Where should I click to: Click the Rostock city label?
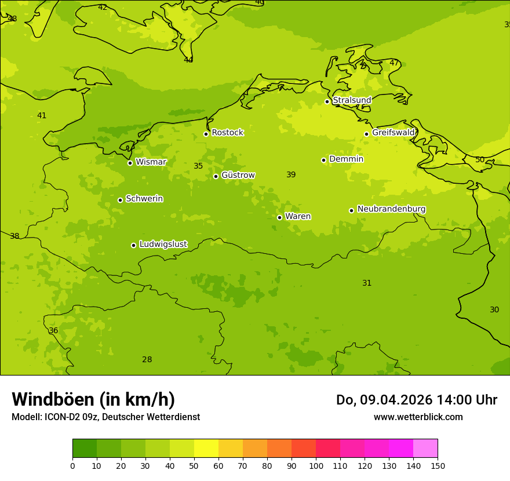point(227,133)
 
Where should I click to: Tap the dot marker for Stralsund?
point(327,101)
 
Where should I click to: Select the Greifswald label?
point(393,133)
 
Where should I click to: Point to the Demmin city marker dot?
point(323,160)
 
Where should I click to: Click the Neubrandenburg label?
point(391,209)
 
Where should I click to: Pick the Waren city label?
point(298,217)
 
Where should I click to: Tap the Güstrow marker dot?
point(216,176)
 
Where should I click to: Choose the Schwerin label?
point(144,199)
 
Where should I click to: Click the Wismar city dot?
point(130,163)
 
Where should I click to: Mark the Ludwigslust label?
point(163,245)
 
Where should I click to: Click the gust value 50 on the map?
point(480,160)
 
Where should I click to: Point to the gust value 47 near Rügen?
point(394,63)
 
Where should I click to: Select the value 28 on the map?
point(147,360)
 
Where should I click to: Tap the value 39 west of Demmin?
point(291,175)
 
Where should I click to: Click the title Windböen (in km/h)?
point(93,399)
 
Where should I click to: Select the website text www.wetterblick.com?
point(418,417)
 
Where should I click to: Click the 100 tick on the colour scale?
point(316,465)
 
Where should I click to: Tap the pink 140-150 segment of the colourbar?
point(425,449)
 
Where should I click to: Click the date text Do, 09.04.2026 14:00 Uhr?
point(416,400)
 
